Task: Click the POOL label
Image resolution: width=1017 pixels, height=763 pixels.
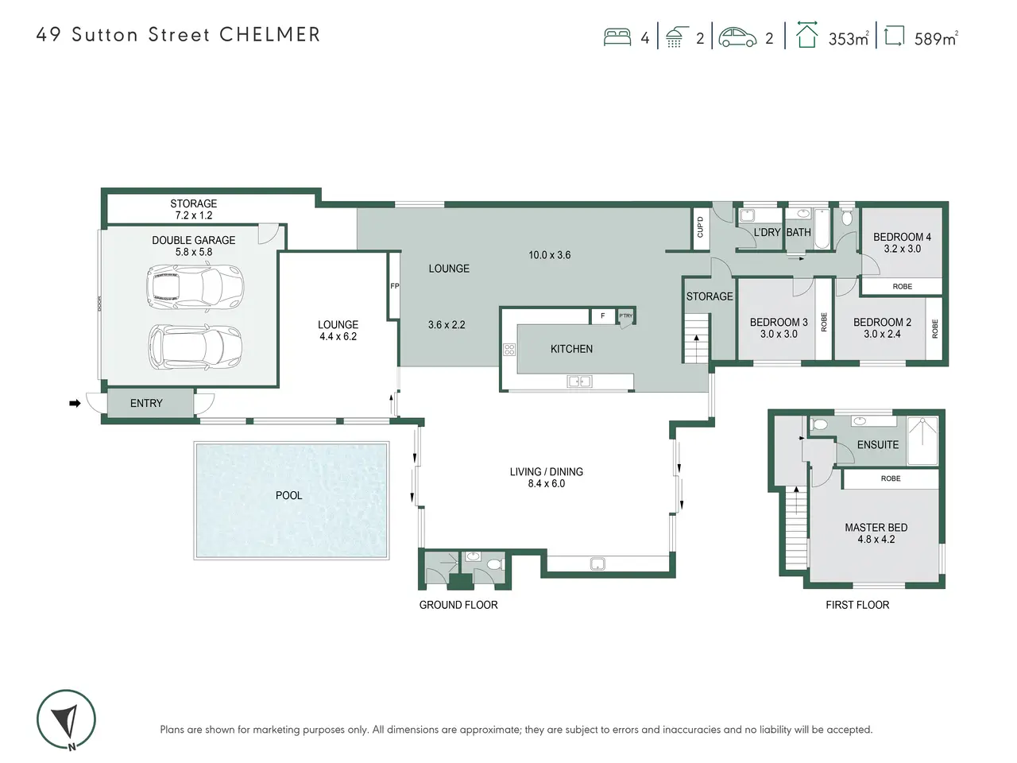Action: pyautogui.click(x=288, y=495)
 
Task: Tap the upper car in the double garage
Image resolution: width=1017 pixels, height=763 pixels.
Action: pyautogui.click(x=195, y=287)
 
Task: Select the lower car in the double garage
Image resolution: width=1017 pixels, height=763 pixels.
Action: pyautogui.click(x=195, y=346)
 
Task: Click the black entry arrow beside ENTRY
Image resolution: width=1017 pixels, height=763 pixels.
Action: pyautogui.click(x=75, y=404)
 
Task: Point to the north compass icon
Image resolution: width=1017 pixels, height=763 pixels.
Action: pyautogui.click(x=66, y=720)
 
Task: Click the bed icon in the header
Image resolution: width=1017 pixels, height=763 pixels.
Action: pyautogui.click(x=617, y=37)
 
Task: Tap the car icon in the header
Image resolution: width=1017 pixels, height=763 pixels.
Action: pyautogui.click(x=737, y=37)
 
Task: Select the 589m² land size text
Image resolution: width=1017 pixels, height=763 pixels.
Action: pyautogui.click(x=936, y=38)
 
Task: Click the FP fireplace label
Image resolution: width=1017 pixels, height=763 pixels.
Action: pyautogui.click(x=395, y=286)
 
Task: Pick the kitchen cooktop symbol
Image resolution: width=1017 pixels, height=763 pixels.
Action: pyautogui.click(x=509, y=349)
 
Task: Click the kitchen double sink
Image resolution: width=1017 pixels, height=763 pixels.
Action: pyautogui.click(x=579, y=381)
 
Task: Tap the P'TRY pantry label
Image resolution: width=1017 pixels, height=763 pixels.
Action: pyautogui.click(x=625, y=316)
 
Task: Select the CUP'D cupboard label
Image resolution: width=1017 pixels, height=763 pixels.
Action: pyautogui.click(x=700, y=227)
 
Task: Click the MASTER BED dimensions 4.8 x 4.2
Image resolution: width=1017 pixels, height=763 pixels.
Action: pyautogui.click(x=876, y=539)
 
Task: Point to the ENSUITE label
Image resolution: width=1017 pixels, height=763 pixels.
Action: pyautogui.click(x=877, y=445)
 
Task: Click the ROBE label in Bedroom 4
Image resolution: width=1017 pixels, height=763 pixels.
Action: pyautogui.click(x=902, y=286)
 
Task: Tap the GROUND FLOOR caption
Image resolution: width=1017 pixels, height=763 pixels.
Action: pyautogui.click(x=458, y=605)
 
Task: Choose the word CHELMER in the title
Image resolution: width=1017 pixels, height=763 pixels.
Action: pyautogui.click(x=269, y=35)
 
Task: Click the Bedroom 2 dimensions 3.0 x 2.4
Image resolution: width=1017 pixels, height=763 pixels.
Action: pyautogui.click(x=882, y=334)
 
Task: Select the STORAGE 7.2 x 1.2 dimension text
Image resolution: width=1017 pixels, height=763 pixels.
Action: pyautogui.click(x=194, y=215)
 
